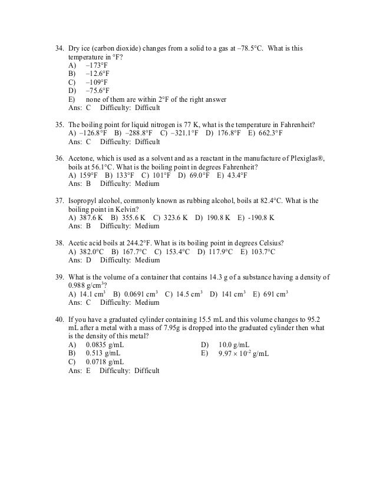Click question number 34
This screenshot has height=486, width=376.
tap(59, 48)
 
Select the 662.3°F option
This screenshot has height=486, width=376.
tap(269, 134)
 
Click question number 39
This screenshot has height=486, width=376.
tap(59, 277)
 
